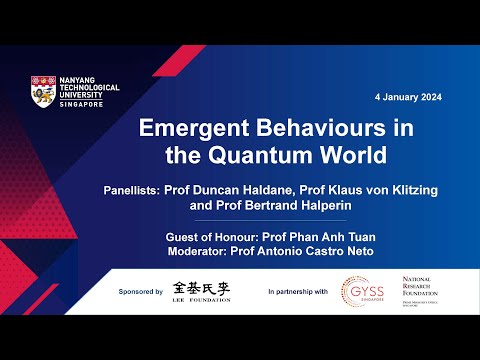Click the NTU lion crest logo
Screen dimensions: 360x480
point(43,94)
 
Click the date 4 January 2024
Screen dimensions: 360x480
point(408,97)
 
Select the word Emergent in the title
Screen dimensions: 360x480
point(190,130)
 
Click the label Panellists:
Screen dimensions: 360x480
point(144,189)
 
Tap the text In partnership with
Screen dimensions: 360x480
point(297,291)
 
